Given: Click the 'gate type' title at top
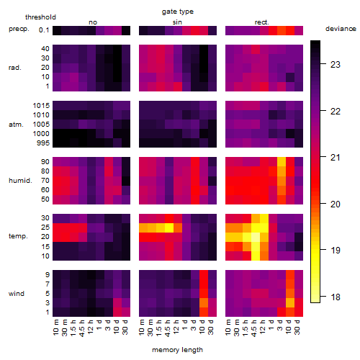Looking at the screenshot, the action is tap(178, 12).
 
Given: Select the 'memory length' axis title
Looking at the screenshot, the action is tap(177, 350).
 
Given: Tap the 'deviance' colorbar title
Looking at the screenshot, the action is tap(341, 29).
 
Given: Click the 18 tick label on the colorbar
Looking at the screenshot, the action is tap(336, 297).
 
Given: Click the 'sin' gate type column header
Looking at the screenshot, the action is tap(177, 22).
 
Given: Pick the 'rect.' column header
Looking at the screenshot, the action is tap(262, 22).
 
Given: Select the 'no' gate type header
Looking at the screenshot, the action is tap(93, 22).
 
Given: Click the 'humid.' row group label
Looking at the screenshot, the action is tap(20, 181).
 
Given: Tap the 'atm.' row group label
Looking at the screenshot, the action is tap(16, 125).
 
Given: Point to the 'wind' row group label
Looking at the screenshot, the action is tap(17, 294).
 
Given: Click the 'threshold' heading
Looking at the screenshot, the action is tap(40, 17).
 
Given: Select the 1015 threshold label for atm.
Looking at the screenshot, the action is tap(41, 106).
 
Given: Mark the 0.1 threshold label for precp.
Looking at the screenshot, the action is tap(44, 30).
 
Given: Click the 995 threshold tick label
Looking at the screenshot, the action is tap(43, 143).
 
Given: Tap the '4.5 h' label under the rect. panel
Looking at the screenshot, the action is tap(253, 327).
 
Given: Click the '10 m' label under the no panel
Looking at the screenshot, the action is tap(55, 327).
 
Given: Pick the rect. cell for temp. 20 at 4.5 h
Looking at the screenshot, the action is tap(256, 237).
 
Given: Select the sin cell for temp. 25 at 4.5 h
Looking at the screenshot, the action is tap(169, 228).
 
